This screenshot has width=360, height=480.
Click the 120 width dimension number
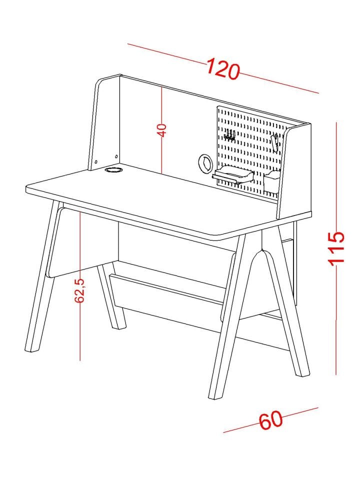(x=222, y=69)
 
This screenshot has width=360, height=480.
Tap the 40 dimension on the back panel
(x=161, y=130)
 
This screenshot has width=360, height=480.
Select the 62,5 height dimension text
(x=79, y=290)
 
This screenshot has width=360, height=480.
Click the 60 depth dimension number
(x=271, y=420)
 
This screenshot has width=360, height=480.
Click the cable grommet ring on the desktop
(x=113, y=169)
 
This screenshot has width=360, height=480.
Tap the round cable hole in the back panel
(x=204, y=163)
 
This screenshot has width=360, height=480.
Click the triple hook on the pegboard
(x=229, y=135)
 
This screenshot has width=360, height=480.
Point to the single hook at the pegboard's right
(x=275, y=142)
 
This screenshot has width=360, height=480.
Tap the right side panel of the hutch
(x=294, y=171)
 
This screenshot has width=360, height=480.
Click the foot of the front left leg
(x=32, y=348)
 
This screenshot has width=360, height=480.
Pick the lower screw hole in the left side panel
(x=96, y=161)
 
